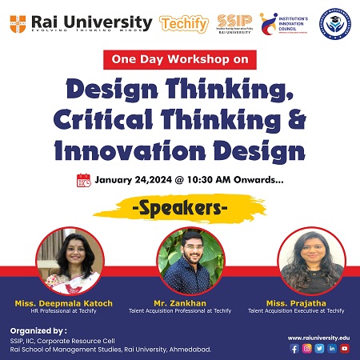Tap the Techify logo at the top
click(184, 24)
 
